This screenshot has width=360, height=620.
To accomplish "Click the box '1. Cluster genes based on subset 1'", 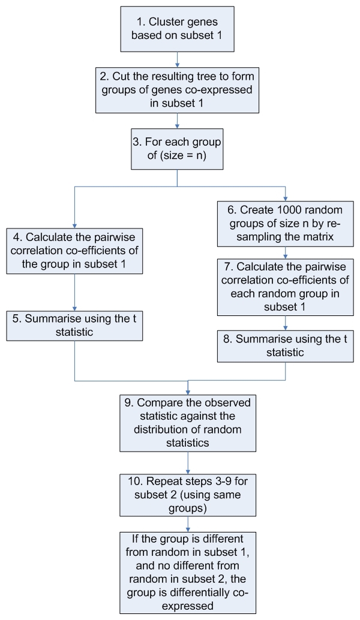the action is pos(177,29).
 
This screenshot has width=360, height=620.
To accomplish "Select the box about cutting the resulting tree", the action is pos(177,90).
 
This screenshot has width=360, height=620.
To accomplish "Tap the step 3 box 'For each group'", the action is pos(177,149).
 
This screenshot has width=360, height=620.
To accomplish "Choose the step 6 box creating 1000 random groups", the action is pos(285,224).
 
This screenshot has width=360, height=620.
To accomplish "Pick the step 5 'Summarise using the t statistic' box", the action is pos(74,326).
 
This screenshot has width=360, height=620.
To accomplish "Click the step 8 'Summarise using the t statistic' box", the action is pos(285,346).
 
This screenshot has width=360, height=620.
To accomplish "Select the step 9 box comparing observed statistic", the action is pos(188,423).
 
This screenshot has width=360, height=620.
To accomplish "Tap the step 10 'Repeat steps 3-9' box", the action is pos(188,495).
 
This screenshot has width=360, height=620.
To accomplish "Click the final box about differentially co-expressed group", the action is pos(188,573).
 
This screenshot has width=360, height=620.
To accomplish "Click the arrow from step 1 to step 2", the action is pos(177,60).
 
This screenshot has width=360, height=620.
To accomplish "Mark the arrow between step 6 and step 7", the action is pos(285,252).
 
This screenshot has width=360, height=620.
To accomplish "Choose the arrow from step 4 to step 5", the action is pos(74,292).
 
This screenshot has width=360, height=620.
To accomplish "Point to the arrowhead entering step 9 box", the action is pos(188,392).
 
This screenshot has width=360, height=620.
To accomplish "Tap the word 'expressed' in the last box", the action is pos(188,606).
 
